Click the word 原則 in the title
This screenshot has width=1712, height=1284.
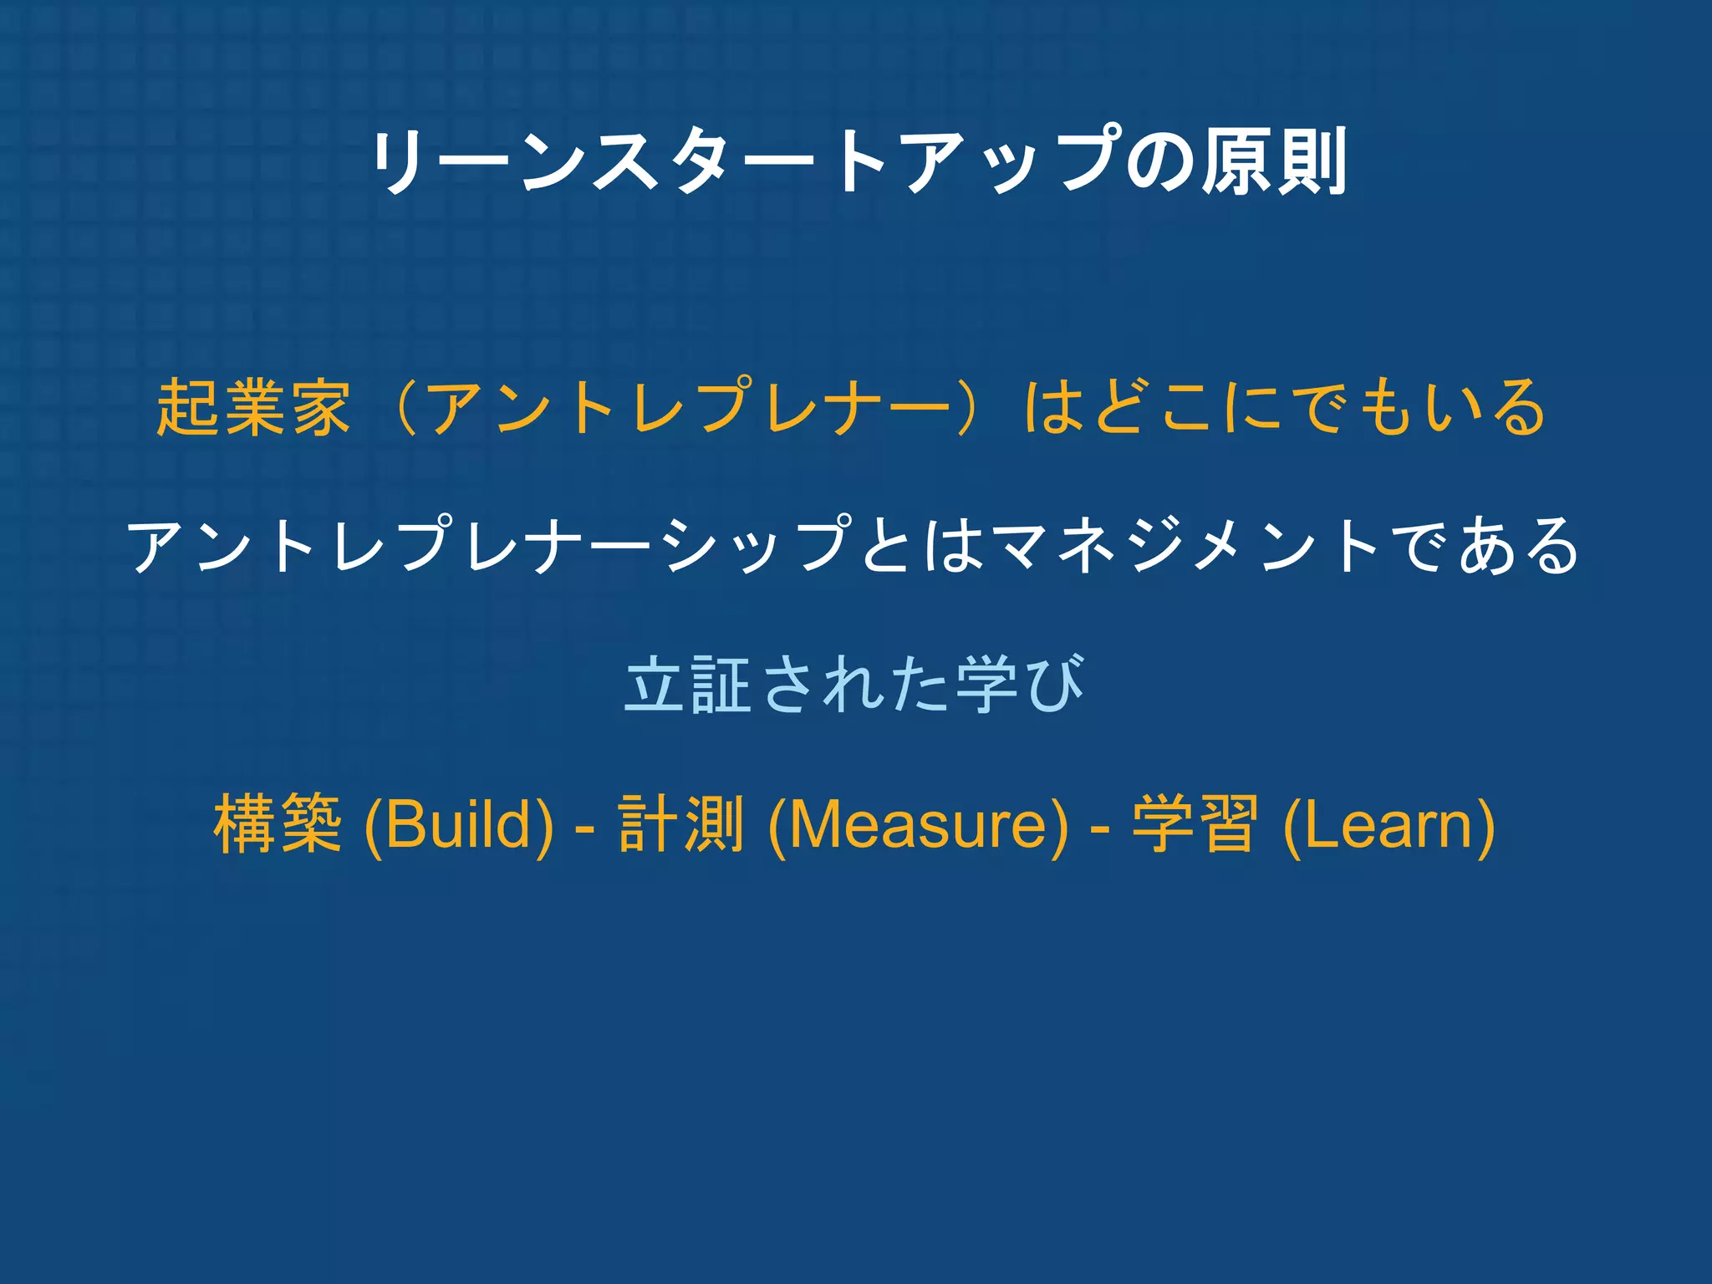pyautogui.click(x=1274, y=161)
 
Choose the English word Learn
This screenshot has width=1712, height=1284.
pyautogui.click(x=1388, y=825)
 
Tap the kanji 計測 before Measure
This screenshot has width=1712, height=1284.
pyautogui.click(x=681, y=825)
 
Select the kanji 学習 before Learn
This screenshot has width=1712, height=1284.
pyautogui.click(x=1195, y=825)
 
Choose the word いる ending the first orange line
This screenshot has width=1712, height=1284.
pyautogui.click(x=1484, y=407)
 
